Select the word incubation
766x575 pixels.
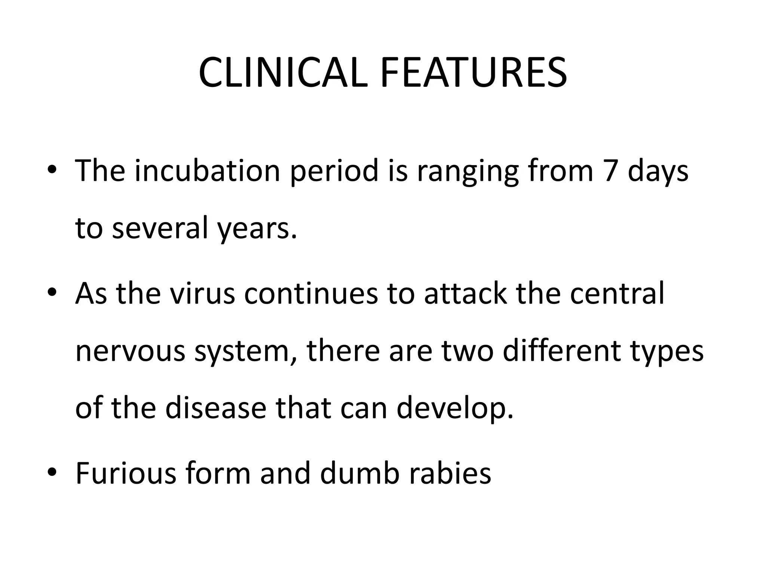(x=208, y=171)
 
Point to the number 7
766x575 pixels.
(x=610, y=171)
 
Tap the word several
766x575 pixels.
(x=159, y=228)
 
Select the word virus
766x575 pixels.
(x=202, y=293)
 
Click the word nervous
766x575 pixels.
(x=130, y=352)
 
